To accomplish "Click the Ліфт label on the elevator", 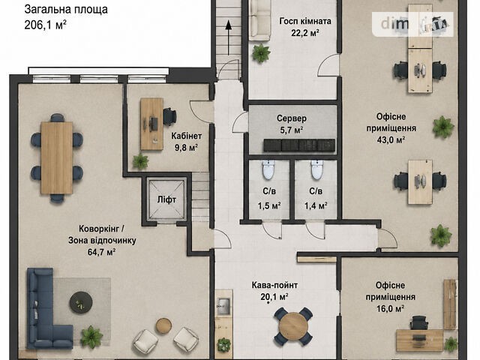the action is click(166, 200).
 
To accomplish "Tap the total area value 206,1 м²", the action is click(45, 25).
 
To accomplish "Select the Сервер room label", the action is click(292, 118).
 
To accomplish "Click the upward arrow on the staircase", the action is click(228, 37).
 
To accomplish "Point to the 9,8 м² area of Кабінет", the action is click(186, 148).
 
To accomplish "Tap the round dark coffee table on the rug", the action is click(81, 302).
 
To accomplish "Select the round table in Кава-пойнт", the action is click(293, 326).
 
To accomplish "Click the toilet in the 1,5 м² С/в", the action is click(268, 170).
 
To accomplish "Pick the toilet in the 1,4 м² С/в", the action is click(316, 170).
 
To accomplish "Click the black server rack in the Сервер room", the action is click(299, 145).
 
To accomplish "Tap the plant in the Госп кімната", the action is click(261, 52).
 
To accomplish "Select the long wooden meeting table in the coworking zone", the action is click(57, 157).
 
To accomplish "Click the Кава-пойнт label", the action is click(274, 285).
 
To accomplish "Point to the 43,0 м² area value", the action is click(391, 140).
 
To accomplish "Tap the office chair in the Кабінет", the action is click(169, 117).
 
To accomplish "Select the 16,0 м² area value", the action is click(390, 308).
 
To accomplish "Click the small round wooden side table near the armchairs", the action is click(163, 326).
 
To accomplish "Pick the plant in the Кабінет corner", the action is click(140, 161).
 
